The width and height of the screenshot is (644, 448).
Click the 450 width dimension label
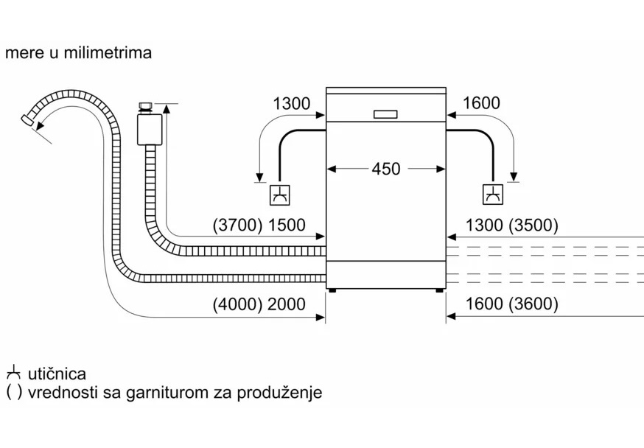pyautogui.click(x=386, y=169)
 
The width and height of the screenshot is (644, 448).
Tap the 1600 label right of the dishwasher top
pyautogui.click(x=481, y=104)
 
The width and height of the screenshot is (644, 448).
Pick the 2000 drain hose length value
pyautogui.click(x=286, y=304)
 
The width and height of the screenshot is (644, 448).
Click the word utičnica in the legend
pyautogui.click(x=57, y=374)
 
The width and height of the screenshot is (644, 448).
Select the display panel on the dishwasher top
pyautogui.click(x=385, y=114)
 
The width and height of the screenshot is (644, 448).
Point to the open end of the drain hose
pyautogui.click(x=28, y=119)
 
